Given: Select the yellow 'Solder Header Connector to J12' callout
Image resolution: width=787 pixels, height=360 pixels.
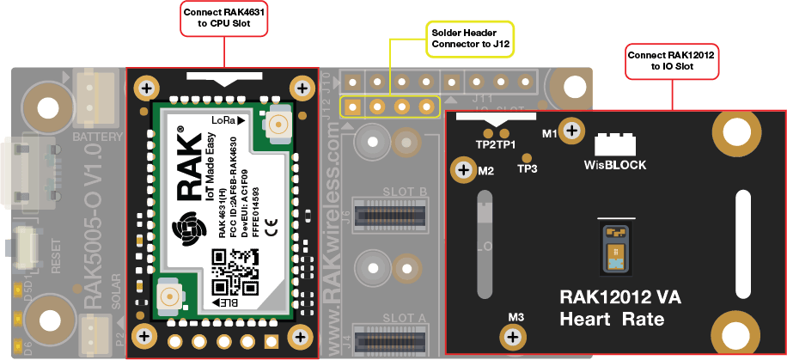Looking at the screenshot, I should tap(471, 38).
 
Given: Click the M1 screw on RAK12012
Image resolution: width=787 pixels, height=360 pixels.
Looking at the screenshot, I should tap(571, 131).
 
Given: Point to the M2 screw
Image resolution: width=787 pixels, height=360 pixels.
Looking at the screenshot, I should tap(464, 171).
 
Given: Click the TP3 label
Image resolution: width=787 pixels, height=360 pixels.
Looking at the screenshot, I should tap(527, 168).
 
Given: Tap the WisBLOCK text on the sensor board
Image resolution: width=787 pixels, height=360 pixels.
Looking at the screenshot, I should tap(615, 163).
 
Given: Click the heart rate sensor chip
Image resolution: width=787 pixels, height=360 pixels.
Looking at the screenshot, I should tap(613, 247).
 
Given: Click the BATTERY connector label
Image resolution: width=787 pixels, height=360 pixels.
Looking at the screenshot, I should tap(97, 137).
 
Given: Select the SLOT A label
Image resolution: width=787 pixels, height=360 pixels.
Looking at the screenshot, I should tap(403, 317).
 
